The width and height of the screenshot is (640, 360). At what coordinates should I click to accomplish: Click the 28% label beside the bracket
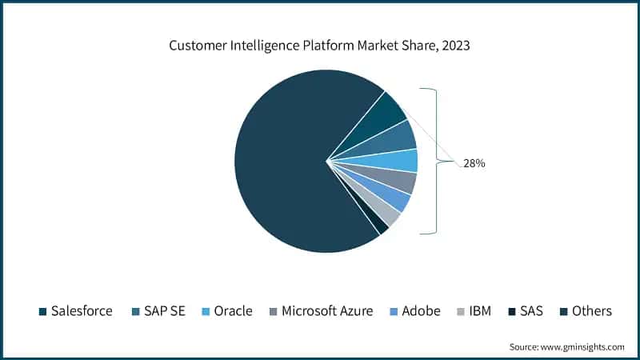pyautogui.click(x=474, y=163)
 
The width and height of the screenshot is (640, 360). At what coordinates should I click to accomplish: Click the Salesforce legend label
pyautogui.click(x=81, y=311)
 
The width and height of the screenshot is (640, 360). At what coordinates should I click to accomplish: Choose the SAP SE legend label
pyautogui.click(x=163, y=311)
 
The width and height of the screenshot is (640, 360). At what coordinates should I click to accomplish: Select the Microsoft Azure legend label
pyautogui.click(x=326, y=311)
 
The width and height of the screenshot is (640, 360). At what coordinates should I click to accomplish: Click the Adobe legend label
pyautogui.click(x=421, y=311)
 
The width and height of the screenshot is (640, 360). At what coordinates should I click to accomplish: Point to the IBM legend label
pyautogui.click(x=479, y=311)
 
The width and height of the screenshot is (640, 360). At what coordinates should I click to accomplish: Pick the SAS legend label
pyautogui.click(x=530, y=311)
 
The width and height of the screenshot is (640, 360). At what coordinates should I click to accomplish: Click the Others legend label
pyautogui.click(x=591, y=311)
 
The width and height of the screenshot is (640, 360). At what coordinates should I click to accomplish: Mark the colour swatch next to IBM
pyautogui.click(x=460, y=311)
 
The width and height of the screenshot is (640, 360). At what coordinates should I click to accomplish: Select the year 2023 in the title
pyautogui.click(x=453, y=46)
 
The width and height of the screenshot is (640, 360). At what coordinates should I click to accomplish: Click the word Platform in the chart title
pyautogui.click(x=318, y=46)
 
